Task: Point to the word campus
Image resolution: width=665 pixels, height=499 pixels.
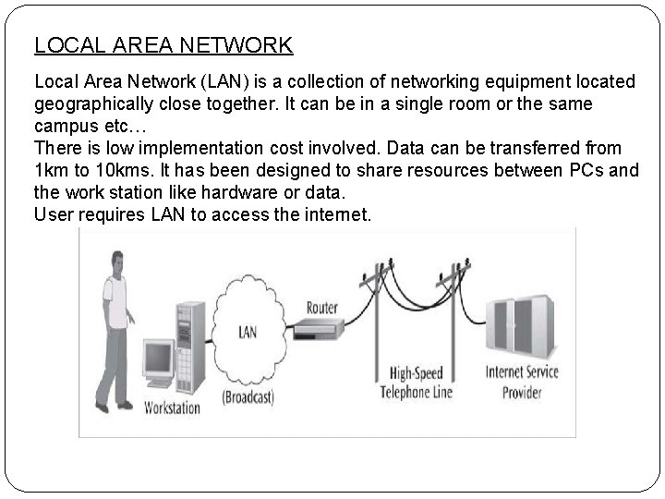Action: tap(66, 125)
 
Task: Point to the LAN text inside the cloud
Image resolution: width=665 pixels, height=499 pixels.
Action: tap(248, 330)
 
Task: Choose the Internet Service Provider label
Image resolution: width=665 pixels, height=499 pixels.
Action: tap(523, 383)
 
